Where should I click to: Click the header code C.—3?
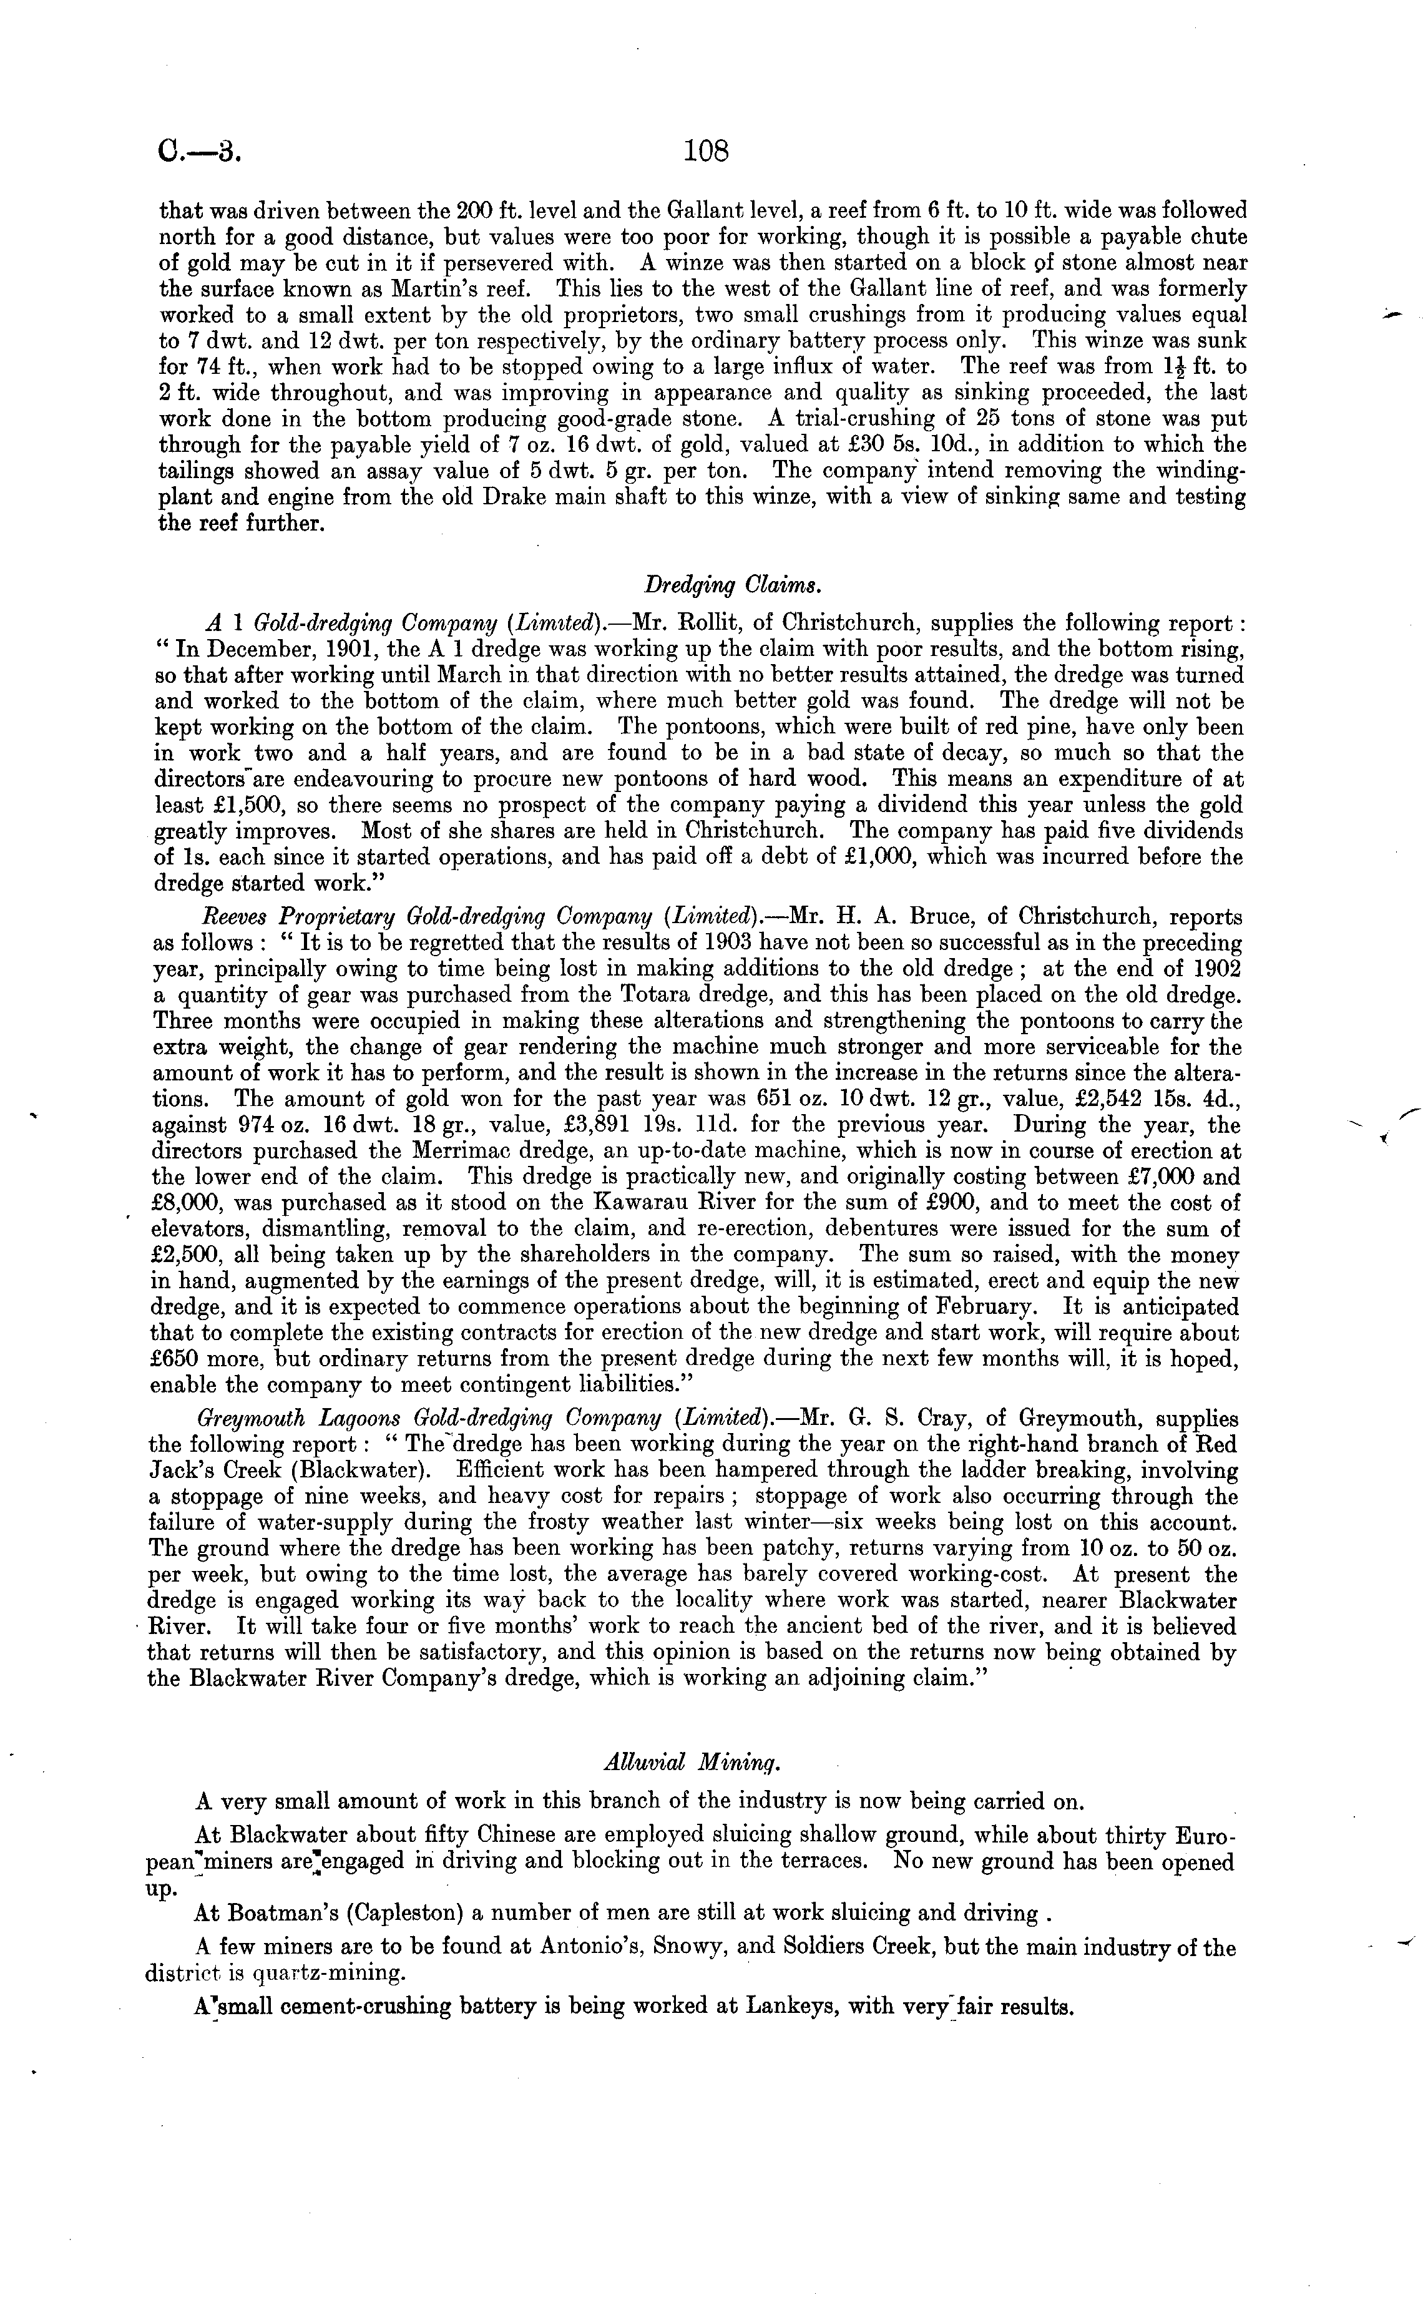[200, 152]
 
